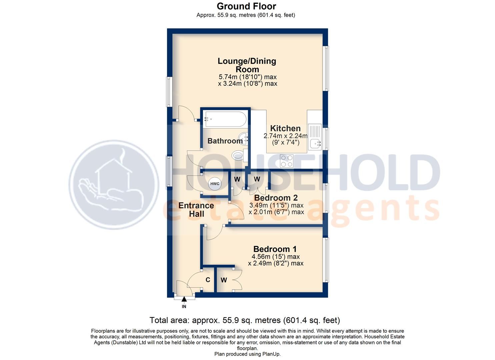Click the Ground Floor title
coord(246,6)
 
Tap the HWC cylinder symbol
coord(215,184)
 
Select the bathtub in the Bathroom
coord(225,119)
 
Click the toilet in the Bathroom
coord(238,155)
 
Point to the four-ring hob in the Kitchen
coord(287,161)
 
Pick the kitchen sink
coord(315,143)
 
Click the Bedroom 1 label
coord(275,249)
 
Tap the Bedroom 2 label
coord(276,198)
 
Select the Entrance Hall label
coord(196,210)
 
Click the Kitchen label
coord(285,128)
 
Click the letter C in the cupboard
coord(208,280)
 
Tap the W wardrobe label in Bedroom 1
coord(224,280)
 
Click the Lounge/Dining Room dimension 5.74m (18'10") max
coord(247,77)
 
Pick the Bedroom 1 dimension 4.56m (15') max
coord(276,257)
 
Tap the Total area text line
coord(245,320)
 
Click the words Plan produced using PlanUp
coord(247,354)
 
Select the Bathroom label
coord(225,141)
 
